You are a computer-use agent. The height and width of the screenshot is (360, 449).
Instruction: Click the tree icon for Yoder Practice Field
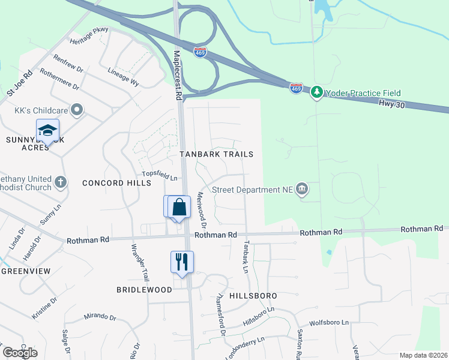pyautogui.click(x=317, y=93)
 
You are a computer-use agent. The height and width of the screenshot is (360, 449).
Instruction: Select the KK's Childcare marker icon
pyautogui.click(x=76, y=110)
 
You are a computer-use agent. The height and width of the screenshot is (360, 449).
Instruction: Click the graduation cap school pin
pyautogui.click(x=47, y=129)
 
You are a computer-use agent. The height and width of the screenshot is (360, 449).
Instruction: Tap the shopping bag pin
pyautogui.click(x=179, y=207)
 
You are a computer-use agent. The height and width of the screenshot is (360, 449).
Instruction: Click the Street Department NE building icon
pyautogui.click(x=302, y=190)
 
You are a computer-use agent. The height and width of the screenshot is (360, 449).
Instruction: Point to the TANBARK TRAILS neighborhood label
pyautogui.click(x=217, y=154)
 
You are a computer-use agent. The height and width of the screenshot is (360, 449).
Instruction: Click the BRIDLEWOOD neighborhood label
pyautogui.click(x=144, y=289)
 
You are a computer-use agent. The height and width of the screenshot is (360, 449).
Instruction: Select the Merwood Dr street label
pyautogui.click(x=202, y=212)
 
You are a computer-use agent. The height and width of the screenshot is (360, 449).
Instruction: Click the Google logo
pyautogui.click(x=20, y=352)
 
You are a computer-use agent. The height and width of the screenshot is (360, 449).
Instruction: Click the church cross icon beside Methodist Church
pyautogui.click(x=59, y=181)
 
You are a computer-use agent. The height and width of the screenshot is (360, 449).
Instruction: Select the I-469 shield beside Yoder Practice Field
pyautogui.click(x=296, y=88)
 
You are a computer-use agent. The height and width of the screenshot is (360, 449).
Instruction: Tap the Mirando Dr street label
pyautogui.click(x=100, y=316)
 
